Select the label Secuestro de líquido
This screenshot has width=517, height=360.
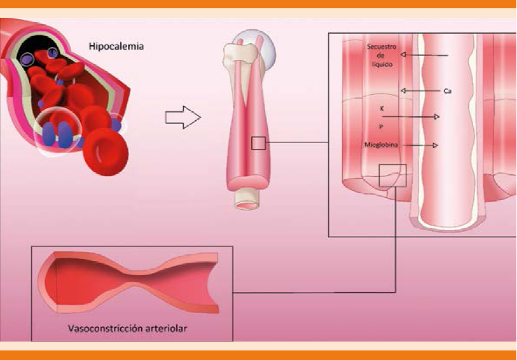pos(382,55)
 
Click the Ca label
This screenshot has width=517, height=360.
pos(447,92)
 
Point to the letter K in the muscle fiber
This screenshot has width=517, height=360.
pos(382,109)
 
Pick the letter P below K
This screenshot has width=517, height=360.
pos(382,127)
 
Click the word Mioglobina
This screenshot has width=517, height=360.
pos(381,145)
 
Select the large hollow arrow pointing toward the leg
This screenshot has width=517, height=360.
pos(183,118)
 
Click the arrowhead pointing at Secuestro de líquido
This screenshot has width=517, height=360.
pos(404,55)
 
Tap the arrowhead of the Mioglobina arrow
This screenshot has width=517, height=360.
pos(436,146)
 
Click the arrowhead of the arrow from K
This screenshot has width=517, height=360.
pos(436,117)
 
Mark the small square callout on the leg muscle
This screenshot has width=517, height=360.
pos(258,143)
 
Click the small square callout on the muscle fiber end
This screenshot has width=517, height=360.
pos(392,175)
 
